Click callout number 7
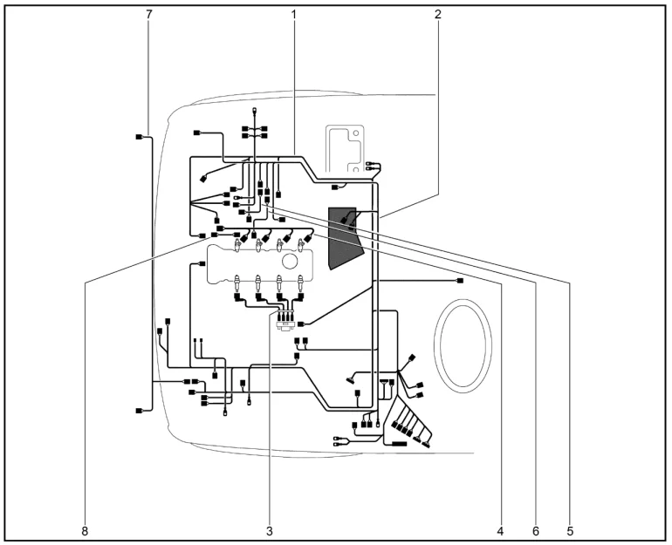[x=148, y=14]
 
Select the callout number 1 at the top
[x=294, y=14]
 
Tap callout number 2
[x=437, y=14]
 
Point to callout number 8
[x=85, y=531]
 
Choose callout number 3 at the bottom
[x=269, y=531]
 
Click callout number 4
[x=500, y=531]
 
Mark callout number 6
[x=536, y=531]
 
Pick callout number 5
[x=570, y=531]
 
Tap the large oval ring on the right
[x=435, y=346]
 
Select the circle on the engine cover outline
[x=290, y=261]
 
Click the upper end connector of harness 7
[x=139, y=137]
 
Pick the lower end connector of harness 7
[x=139, y=411]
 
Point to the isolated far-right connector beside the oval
[x=460, y=281]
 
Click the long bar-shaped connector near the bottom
[x=399, y=444]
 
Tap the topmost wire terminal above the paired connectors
[x=255, y=111]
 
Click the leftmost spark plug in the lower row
[x=237, y=283]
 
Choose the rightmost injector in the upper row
[x=301, y=245]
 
